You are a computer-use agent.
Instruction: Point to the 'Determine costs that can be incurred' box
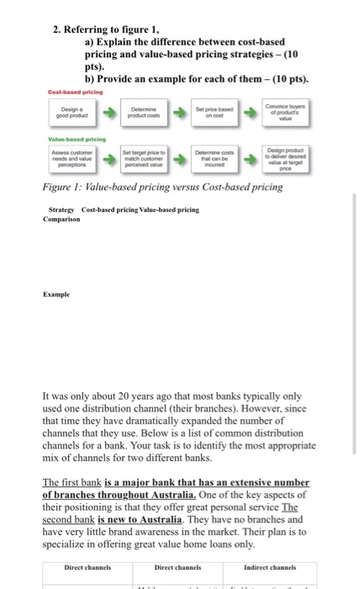pyautogui.click(x=223, y=157)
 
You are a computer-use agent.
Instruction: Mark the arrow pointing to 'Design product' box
pyautogui.click(x=258, y=157)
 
